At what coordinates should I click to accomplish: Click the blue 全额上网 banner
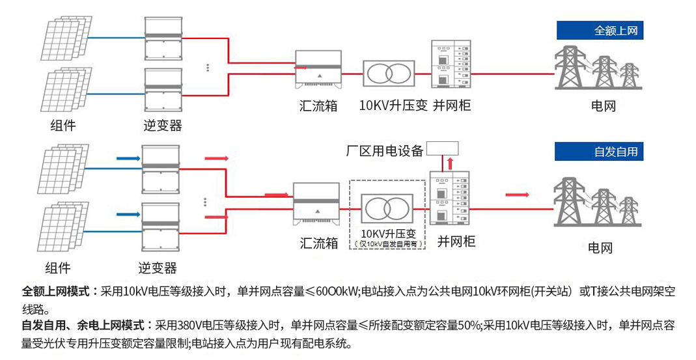(x=599, y=30)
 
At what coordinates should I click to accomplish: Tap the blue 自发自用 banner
(x=599, y=152)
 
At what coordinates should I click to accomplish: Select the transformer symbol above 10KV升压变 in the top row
(x=389, y=73)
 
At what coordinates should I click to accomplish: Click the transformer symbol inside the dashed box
(x=387, y=208)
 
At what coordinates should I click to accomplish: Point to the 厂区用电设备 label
(x=384, y=151)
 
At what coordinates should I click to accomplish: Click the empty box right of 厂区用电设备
(x=443, y=148)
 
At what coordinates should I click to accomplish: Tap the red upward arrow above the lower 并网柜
(x=449, y=163)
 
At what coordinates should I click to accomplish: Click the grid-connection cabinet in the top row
(x=451, y=64)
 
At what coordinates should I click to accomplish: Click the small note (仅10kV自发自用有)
(x=387, y=244)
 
